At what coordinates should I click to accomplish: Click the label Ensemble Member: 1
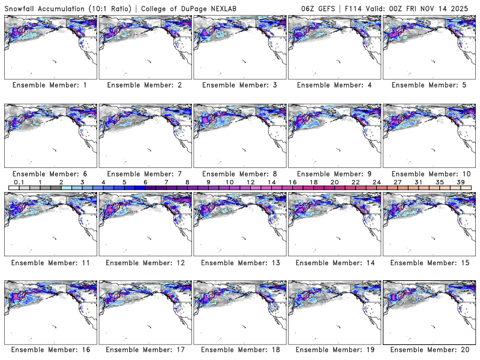point(49,85)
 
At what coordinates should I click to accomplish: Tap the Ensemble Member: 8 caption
point(238,174)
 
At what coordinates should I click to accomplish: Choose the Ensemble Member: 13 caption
point(238,263)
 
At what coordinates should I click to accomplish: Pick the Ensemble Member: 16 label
point(49,349)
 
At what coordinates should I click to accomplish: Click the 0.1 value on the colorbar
point(19,182)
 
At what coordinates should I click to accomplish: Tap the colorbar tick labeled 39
point(460,182)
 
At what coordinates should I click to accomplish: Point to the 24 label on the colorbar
point(376,182)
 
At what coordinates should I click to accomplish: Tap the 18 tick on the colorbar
point(313,182)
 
